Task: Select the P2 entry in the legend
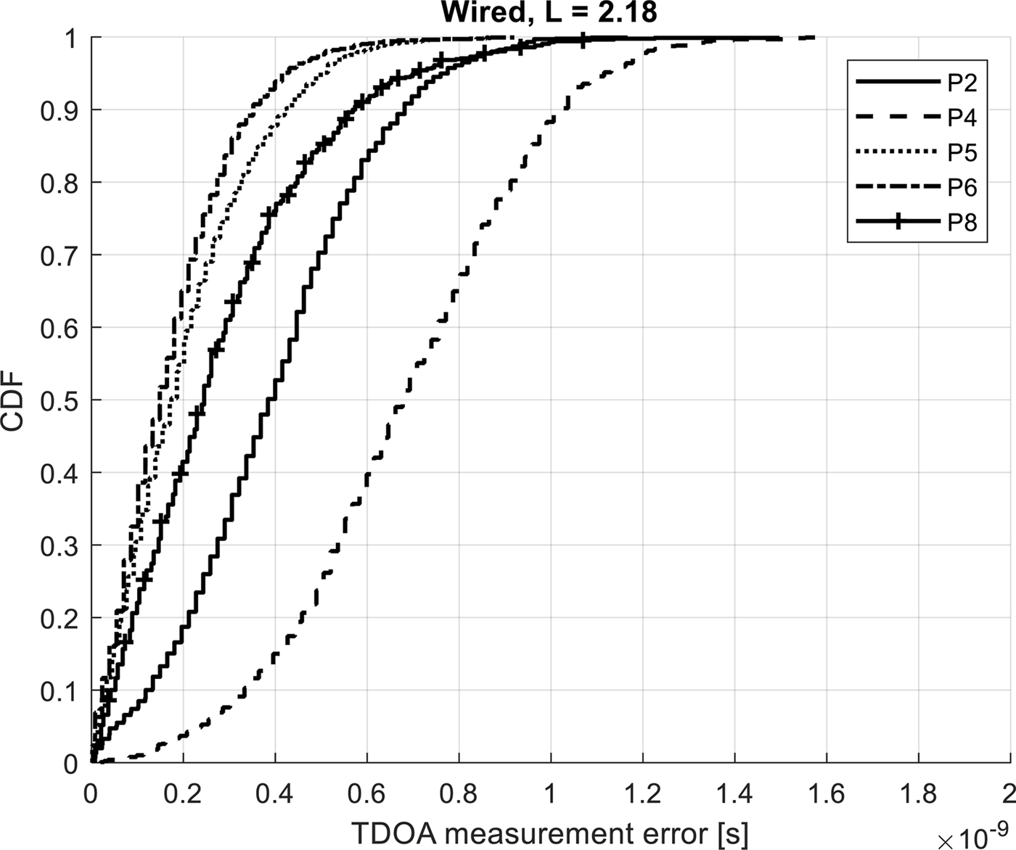click(x=962, y=83)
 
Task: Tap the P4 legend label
click(x=962, y=118)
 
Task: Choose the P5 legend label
click(x=962, y=153)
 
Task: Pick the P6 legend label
click(x=962, y=188)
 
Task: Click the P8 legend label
click(x=962, y=223)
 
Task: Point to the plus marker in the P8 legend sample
click(x=898, y=223)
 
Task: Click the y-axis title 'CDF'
click(x=14, y=400)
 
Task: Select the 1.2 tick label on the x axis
click(x=642, y=794)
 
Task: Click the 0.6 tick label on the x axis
click(x=366, y=794)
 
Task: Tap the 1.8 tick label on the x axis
click(x=918, y=794)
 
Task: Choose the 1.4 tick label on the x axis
click(x=734, y=794)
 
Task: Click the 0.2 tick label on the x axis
click(x=183, y=794)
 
